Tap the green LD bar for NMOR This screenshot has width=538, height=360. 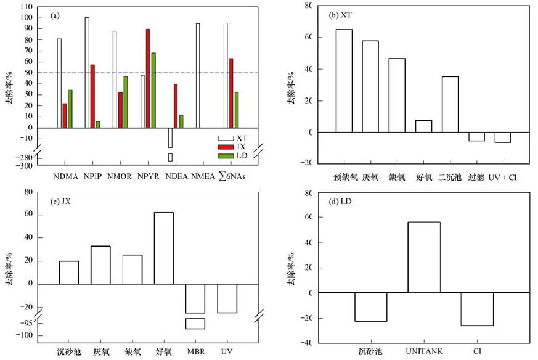coord(126,102)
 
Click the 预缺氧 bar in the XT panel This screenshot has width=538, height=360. coord(344,81)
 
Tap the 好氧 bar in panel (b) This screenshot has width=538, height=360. coord(423,126)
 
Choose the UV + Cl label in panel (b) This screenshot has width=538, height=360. coord(503,177)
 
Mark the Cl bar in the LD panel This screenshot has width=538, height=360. coord(477,309)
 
